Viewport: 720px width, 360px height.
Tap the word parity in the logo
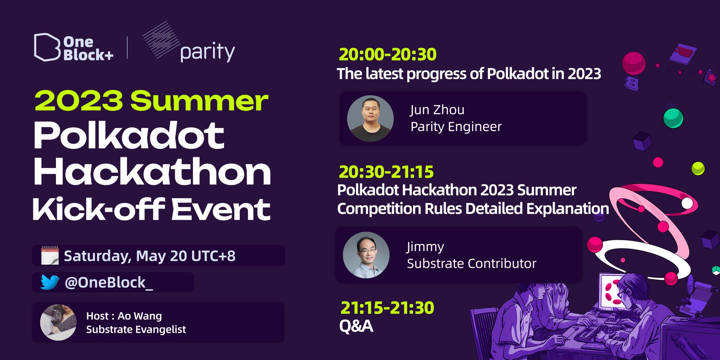pyautogui.click(x=207, y=53)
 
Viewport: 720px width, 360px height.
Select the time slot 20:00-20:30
pyautogui.click(x=387, y=54)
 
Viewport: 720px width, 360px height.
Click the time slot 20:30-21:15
pyautogui.click(x=386, y=172)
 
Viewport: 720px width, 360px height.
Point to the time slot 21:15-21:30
pyautogui.click(x=387, y=308)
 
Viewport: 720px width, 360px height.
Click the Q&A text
pyautogui.click(x=356, y=326)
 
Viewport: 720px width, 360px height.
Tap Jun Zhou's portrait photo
pyautogui.click(x=370, y=119)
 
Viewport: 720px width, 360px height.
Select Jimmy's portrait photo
pyautogui.click(x=366, y=255)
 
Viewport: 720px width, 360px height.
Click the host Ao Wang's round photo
pyautogui.click(x=58, y=322)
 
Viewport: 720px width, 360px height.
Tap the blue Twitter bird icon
pyautogui.click(x=50, y=282)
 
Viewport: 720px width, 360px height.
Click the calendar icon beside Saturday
pyautogui.click(x=50, y=255)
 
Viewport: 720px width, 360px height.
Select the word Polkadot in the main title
pyautogui.click(x=129, y=136)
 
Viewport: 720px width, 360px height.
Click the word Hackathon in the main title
pyautogui.click(x=152, y=172)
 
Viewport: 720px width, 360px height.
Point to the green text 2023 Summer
pyautogui.click(x=151, y=101)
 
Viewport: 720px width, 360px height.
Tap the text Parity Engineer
pyautogui.click(x=456, y=127)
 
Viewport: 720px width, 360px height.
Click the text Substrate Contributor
pyautogui.click(x=471, y=263)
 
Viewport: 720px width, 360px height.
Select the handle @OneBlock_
pyautogui.click(x=109, y=282)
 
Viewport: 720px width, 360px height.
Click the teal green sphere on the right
pyautogui.click(x=673, y=118)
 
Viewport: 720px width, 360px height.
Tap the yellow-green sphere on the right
pyautogui.click(x=698, y=168)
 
